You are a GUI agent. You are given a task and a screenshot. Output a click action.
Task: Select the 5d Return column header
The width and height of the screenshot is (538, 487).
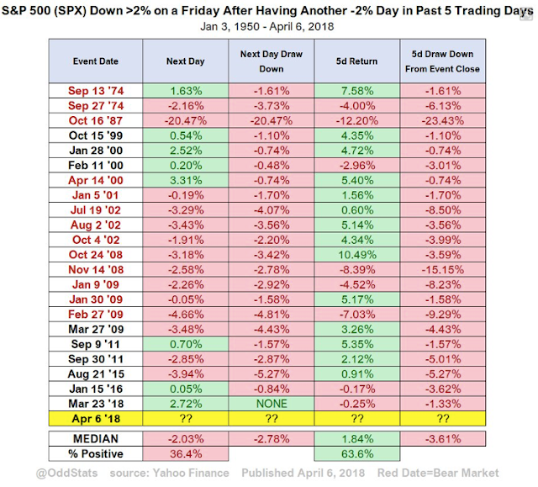(x=357, y=62)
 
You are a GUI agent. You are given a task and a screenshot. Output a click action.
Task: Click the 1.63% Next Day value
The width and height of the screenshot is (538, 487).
(x=183, y=90)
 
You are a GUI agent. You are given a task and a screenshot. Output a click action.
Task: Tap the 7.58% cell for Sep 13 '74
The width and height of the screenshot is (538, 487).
(x=357, y=90)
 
